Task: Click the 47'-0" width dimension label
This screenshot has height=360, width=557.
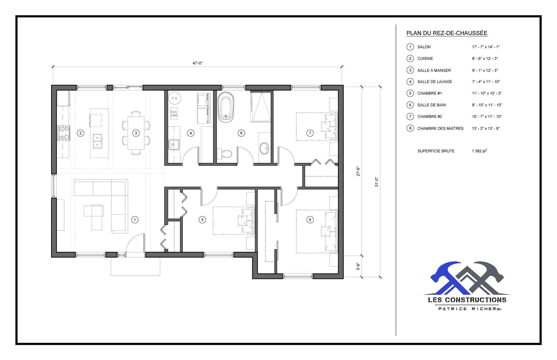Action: coord(197,63)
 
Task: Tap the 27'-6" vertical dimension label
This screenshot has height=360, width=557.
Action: coord(358,171)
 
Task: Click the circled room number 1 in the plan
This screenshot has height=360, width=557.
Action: coord(135,220)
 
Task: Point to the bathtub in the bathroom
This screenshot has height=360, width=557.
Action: coord(226,107)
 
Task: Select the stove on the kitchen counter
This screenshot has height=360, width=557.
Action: coord(64,133)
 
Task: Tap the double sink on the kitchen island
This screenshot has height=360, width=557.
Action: coord(97,141)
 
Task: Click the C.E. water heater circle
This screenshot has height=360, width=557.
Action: coord(175,98)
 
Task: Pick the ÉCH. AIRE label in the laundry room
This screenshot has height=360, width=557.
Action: coord(174,114)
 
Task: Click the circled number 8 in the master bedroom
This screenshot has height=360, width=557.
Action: coord(310,220)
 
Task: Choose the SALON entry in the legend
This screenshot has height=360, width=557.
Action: coord(424,47)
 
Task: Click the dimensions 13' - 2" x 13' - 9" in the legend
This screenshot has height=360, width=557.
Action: coord(486,128)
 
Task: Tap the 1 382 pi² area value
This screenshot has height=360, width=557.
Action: coord(479,151)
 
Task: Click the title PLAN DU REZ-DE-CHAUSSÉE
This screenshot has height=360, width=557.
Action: coord(447,33)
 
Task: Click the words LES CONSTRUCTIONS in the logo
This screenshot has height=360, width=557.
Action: coord(467,300)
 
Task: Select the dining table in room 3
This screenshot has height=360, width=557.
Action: coord(136,133)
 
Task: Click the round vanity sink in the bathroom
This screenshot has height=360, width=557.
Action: coord(264,148)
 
